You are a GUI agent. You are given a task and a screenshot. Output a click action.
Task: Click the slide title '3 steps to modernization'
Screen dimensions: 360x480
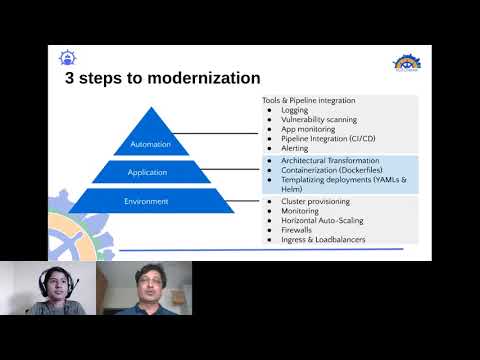(162, 78)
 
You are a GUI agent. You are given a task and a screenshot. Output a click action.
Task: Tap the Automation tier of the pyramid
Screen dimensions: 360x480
(151, 144)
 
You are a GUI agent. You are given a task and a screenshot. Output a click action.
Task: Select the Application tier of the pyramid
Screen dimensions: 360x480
(147, 172)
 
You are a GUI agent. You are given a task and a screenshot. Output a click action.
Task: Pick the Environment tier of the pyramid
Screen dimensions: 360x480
(146, 201)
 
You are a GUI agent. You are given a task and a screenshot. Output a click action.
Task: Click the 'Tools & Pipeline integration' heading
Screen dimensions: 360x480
(308, 101)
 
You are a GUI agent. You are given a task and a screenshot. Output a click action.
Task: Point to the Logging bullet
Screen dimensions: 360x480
(295, 110)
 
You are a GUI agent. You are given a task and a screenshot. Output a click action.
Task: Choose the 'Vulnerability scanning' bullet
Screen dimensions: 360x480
(319, 120)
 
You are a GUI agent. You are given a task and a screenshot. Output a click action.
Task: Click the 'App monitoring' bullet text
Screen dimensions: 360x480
(307, 129)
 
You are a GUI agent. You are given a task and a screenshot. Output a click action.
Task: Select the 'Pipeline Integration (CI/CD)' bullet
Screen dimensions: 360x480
(328, 138)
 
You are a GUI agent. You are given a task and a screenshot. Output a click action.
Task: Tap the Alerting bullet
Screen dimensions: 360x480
(296, 148)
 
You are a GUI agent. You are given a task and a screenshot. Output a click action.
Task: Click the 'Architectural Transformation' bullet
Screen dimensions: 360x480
(330, 160)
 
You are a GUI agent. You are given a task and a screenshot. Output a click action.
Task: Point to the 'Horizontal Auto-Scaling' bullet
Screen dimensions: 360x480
(326, 221)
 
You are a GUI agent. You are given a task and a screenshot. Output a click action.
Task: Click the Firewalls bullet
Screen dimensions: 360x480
(298, 230)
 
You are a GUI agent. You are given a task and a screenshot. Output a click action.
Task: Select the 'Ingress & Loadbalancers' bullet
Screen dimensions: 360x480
(324, 240)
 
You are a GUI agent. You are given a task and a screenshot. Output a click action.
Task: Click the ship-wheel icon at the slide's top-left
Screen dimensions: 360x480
(68, 57)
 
